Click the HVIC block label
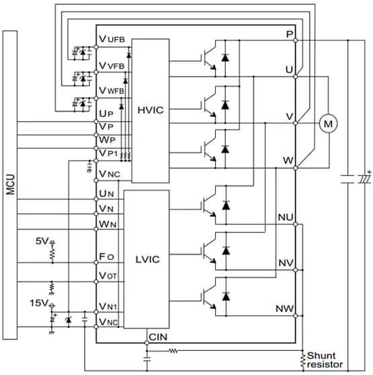150,110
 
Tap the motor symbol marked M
328,123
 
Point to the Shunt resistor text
325,360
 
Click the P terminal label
289,34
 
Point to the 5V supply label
42,240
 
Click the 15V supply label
40,303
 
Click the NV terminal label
284,263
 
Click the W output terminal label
288,161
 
